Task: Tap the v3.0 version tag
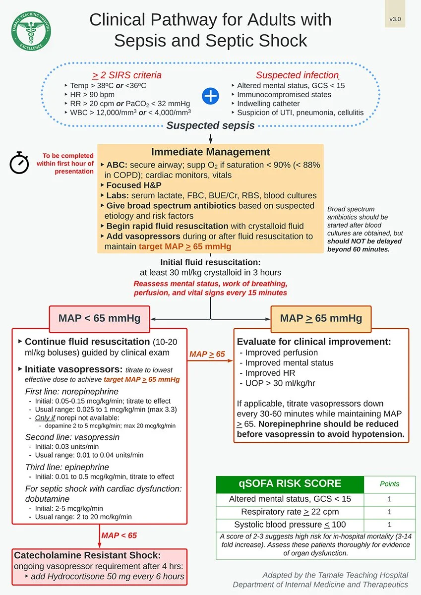[x=395, y=19]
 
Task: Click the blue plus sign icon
[x=211, y=95]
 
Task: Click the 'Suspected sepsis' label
[x=210, y=125]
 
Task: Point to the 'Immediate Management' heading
[x=210, y=152]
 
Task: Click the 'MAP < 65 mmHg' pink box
[x=99, y=318]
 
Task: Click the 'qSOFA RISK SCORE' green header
[x=290, y=484]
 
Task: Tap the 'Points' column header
[x=389, y=484]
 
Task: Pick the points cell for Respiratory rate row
[x=389, y=512]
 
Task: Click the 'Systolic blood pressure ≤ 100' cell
[x=290, y=525]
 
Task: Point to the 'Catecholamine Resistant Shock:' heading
[x=87, y=555]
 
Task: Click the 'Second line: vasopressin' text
[x=72, y=437]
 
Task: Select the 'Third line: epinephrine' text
[x=67, y=467]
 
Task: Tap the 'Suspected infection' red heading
[x=297, y=75]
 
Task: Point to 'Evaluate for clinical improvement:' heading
[x=314, y=342]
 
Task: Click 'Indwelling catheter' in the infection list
[x=268, y=104]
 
